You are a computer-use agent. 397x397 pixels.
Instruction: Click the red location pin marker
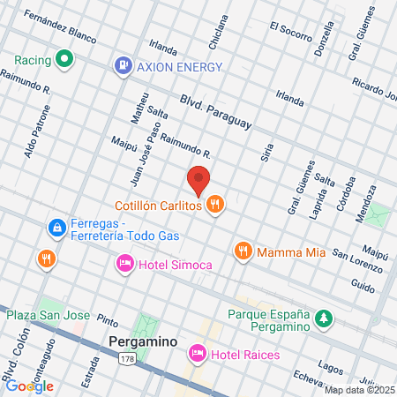pyautogui.click(x=198, y=179)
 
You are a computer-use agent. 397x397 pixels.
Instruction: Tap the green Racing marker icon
pyautogui.click(x=64, y=60)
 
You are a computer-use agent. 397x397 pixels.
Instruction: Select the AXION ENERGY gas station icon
pyautogui.click(x=123, y=65)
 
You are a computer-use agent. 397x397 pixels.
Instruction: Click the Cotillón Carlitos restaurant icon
pyautogui.click(x=214, y=206)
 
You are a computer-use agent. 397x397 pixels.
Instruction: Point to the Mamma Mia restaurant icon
pyautogui.click(x=243, y=251)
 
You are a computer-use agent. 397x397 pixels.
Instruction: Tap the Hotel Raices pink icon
pyautogui.click(x=197, y=354)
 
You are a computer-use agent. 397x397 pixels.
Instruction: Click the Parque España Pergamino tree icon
pyautogui.click(x=325, y=317)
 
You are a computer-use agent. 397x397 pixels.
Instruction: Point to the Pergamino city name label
pyautogui.click(x=144, y=341)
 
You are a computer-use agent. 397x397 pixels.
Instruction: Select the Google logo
pyautogui.click(x=29, y=386)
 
